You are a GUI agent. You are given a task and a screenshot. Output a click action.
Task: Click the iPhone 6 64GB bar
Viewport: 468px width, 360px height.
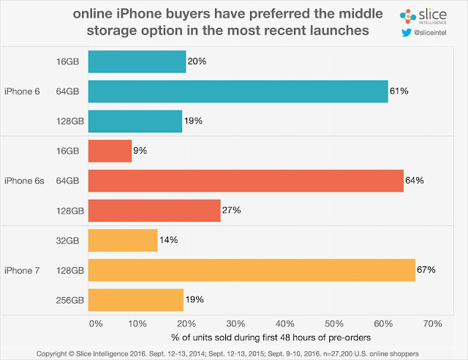pos(238,91)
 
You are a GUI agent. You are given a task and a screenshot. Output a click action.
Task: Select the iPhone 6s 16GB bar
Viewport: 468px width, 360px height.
pos(110,151)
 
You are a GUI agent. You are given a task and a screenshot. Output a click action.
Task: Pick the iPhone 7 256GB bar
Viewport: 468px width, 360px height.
pos(135,299)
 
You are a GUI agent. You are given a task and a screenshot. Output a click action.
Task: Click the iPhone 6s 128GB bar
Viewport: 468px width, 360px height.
pos(154,210)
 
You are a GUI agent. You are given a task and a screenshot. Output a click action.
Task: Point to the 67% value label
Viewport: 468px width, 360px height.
pos(426,270)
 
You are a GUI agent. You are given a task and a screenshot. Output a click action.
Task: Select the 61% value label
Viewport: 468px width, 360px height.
pos(399,91)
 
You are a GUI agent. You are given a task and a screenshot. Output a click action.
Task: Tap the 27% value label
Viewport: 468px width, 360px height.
pos(231,210)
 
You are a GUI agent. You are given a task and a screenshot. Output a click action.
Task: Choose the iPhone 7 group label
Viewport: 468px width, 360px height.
pos(25,270)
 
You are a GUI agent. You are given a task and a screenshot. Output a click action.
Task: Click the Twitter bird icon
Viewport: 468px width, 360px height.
pos(406,33)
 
